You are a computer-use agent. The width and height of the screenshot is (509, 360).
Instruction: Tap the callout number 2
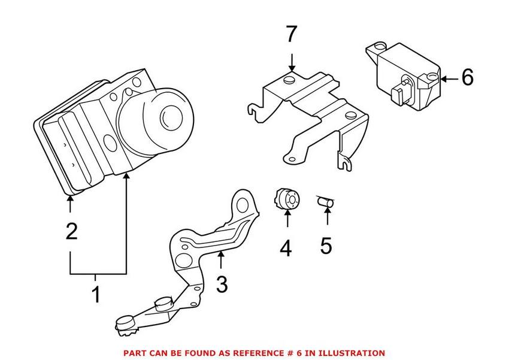(71, 231)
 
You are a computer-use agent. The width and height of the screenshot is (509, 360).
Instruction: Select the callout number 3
(222, 285)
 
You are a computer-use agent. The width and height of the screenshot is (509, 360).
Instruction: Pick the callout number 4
(286, 247)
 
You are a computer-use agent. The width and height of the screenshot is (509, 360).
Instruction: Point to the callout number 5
(326, 246)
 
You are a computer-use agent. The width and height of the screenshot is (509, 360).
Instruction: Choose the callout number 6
(467, 78)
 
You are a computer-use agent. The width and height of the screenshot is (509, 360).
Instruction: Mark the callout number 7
(291, 35)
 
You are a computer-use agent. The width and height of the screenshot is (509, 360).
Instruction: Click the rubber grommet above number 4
(287, 199)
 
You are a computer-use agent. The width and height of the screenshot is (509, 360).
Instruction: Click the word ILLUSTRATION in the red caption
(354, 353)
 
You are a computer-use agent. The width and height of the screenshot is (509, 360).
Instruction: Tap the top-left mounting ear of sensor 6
(378, 46)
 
